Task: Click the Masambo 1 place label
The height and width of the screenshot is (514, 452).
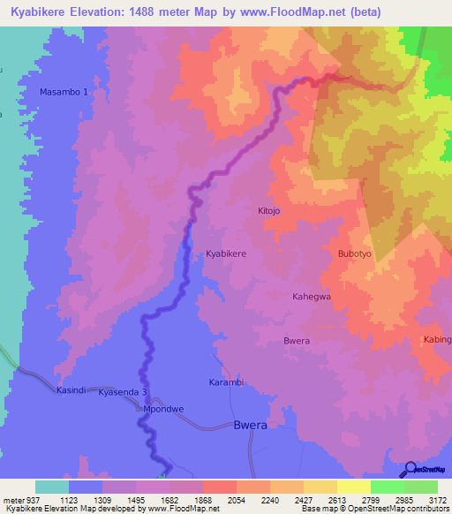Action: point(64,92)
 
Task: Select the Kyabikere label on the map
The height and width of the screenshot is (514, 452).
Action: point(226,253)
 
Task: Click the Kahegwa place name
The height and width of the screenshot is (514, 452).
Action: point(312,297)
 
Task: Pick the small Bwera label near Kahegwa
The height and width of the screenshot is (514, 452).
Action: point(297,341)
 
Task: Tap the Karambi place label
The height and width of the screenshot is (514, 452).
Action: point(225,382)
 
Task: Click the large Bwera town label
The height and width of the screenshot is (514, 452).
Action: point(250,425)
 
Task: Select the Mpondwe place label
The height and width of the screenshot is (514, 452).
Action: point(163,409)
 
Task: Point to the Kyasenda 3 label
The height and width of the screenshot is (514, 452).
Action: point(122,391)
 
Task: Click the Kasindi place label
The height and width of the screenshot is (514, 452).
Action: point(72,389)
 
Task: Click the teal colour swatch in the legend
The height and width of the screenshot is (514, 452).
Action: point(52,487)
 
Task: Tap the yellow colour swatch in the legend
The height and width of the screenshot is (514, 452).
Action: point(353,487)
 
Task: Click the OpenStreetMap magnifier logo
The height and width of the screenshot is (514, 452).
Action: point(411,471)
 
